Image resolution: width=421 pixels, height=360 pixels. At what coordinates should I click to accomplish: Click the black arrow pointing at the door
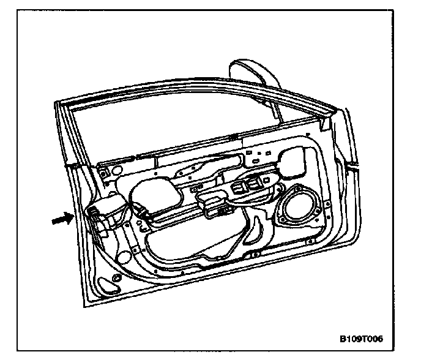pyautogui.click(x=62, y=218)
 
